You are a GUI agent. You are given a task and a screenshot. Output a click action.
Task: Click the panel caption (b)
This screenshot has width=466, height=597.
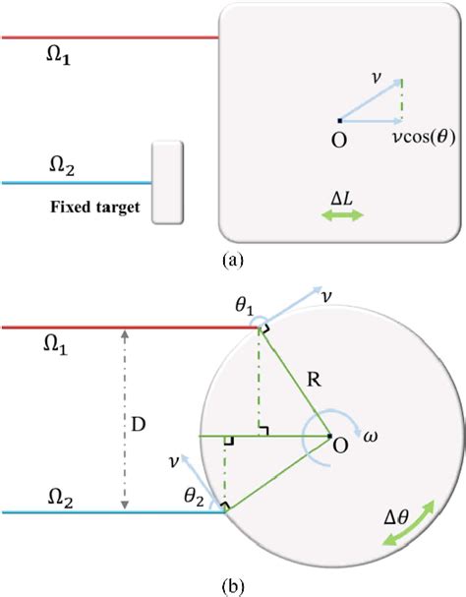[234, 585]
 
